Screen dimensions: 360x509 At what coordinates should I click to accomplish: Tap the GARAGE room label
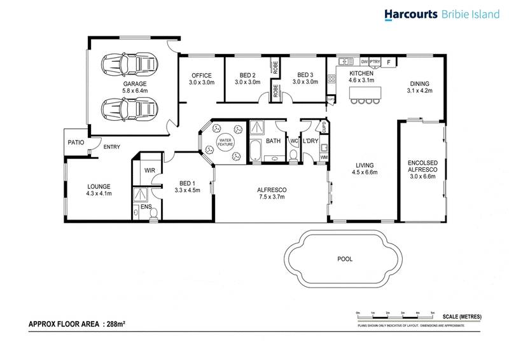pos(135,83)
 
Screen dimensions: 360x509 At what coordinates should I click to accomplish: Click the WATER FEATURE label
pos(226,142)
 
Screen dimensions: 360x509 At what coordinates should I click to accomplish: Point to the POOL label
pos(345,259)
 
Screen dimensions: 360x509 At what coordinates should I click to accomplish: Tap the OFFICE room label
pos(202,75)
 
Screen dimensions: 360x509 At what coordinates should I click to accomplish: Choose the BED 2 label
pos(248,75)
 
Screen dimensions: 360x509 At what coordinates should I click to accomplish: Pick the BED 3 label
pos(305,75)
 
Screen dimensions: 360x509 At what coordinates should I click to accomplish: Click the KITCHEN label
pos(361,73)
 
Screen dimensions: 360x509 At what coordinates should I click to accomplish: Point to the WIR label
pos(150,170)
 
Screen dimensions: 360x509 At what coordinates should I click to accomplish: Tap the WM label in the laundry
pos(323,157)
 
